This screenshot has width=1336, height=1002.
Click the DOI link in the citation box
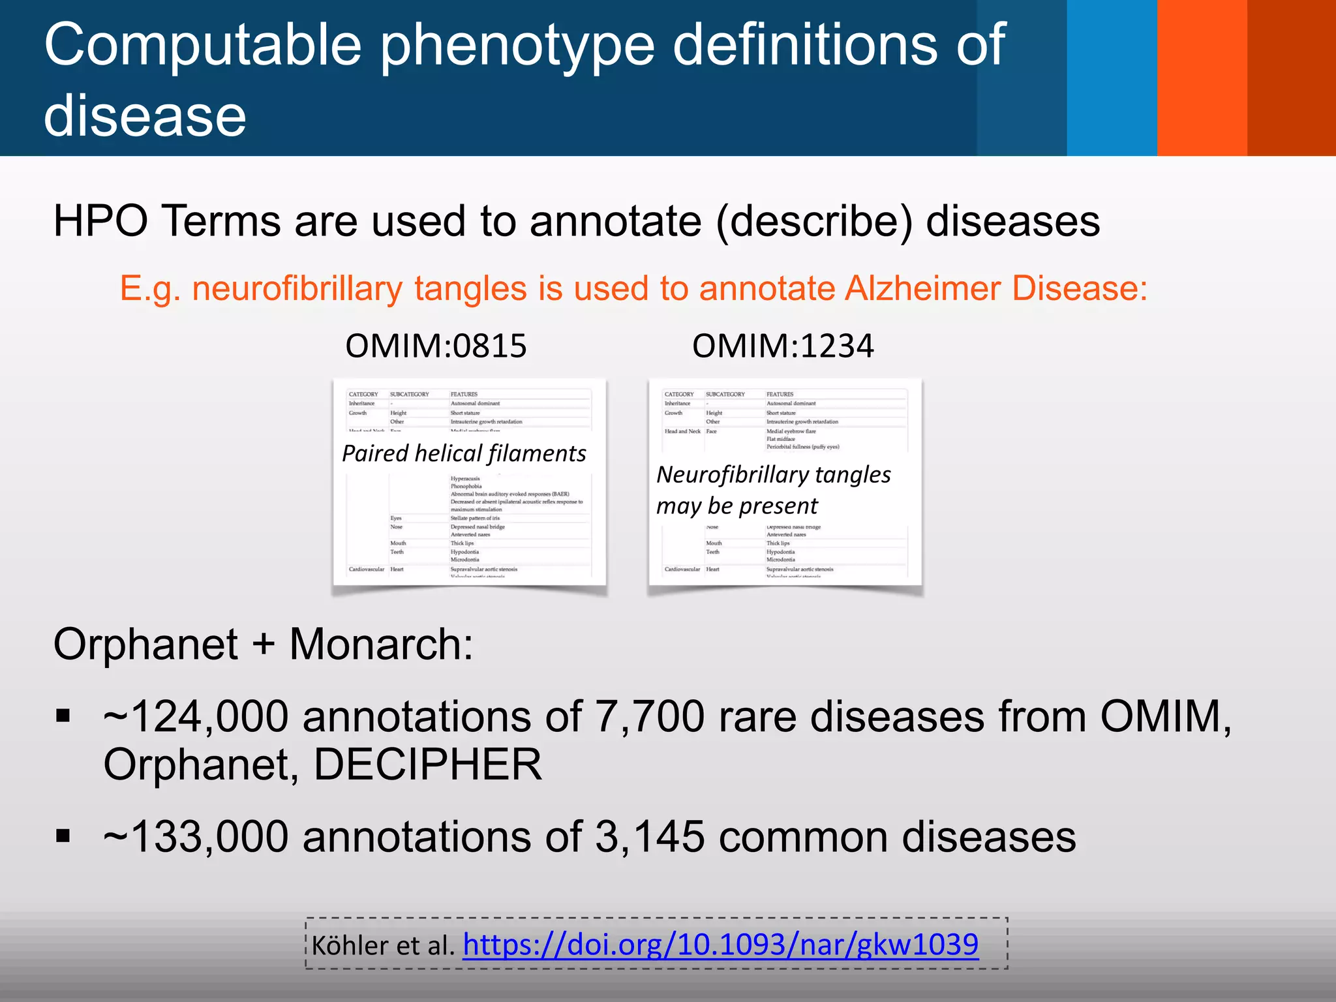click(x=720, y=944)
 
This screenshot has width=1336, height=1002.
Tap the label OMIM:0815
click(x=436, y=346)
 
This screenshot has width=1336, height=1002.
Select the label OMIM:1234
click(x=783, y=346)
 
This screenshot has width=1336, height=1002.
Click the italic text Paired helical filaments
click(x=464, y=453)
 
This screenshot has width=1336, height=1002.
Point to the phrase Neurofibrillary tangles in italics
click(x=774, y=475)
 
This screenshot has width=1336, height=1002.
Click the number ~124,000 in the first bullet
click(x=196, y=716)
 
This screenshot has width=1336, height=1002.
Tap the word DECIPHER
click(x=428, y=765)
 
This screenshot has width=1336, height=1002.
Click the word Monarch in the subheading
click(x=381, y=645)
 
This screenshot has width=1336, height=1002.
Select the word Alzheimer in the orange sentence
click(x=922, y=288)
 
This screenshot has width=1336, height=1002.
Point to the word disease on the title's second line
click(x=145, y=116)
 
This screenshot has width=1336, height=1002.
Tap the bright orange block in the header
click(x=1202, y=78)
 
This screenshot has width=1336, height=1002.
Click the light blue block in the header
click(x=1112, y=78)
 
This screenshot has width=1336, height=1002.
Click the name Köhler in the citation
click(x=348, y=945)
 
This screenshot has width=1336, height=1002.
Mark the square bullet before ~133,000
click(x=63, y=836)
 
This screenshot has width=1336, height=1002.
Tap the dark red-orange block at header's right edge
click(x=1292, y=78)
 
